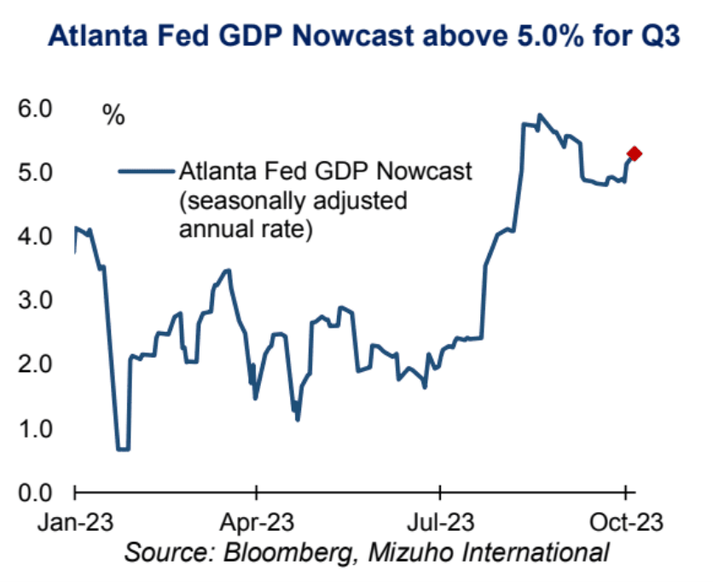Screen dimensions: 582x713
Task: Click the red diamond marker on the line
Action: [634, 154]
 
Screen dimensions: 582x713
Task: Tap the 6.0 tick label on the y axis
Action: [32, 109]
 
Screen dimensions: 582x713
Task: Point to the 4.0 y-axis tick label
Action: [32, 236]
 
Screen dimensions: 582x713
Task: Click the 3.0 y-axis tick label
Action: [32, 300]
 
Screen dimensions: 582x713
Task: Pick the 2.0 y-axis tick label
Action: [32, 364]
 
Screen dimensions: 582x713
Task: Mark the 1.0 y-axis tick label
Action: [32, 428]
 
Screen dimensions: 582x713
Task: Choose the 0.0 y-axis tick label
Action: [32, 492]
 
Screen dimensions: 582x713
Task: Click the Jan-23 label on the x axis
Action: [76, 521]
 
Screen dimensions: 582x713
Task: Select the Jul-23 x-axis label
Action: [440, 521]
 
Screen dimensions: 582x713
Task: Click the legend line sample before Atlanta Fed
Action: [145, 172]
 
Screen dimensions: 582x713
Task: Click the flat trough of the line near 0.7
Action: [123, 449]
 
